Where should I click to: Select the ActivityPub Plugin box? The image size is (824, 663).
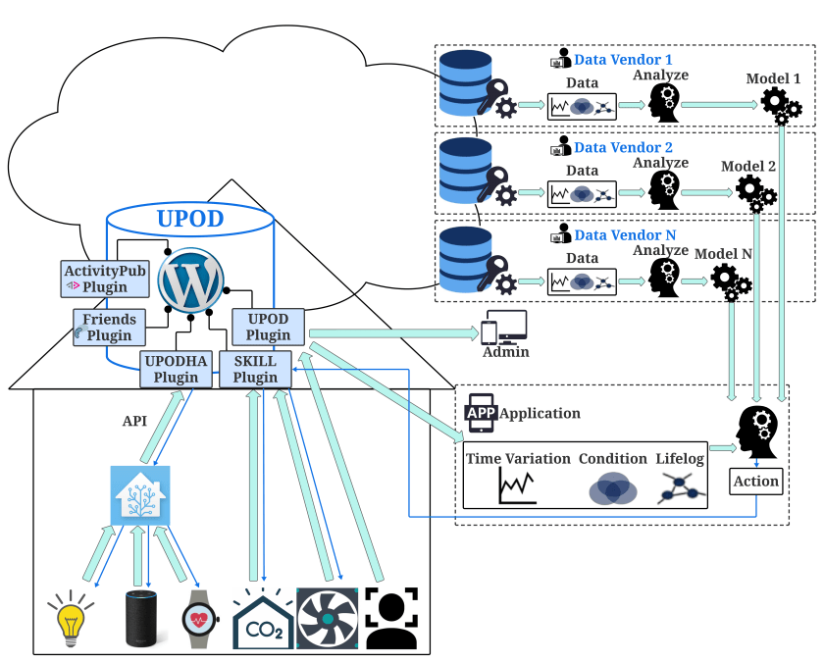pyautogui.click(x=105, y=279)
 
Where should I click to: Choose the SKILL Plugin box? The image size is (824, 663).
pyautogui.click(x=255, y=369)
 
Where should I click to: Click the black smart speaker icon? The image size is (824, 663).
pyautogui.click(x=140, y=620)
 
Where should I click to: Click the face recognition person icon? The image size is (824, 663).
pyautogui.click(x=389, y=618)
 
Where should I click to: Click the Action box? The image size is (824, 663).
pyautogui.click(x=755, y=482)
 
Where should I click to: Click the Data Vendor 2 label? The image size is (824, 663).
pyautogui.click(x=623, y=148)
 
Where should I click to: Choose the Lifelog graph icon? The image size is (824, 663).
pyautogui.click(x=684, y=487)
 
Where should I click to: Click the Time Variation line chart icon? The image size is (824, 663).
pyautogui.click(x=517, y=485)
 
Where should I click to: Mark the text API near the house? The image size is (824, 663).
pyautogui.click(x=134, y=422)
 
